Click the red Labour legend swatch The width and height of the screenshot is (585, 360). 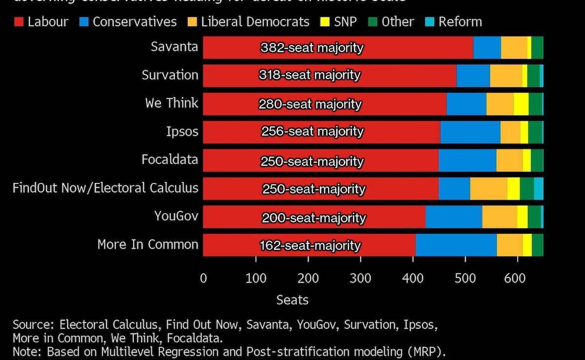19,22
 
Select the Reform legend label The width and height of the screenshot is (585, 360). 460,22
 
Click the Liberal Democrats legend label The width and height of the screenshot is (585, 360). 255,22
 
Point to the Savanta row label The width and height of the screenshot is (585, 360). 175,47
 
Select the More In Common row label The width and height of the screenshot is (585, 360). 148,244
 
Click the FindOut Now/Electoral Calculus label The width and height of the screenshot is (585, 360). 105,188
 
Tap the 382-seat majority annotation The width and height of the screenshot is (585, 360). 312,48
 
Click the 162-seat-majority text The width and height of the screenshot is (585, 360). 310,245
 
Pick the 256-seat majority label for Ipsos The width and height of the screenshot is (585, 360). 312,132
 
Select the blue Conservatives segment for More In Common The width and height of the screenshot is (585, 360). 456,245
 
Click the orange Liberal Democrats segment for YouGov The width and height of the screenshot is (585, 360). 499,217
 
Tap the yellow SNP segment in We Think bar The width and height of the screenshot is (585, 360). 521,104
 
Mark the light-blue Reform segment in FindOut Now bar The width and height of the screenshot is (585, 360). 539,188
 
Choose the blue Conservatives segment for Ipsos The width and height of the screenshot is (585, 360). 470,132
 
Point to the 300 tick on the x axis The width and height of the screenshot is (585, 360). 360,279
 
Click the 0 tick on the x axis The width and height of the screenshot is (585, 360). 203,279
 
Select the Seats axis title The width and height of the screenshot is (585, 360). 292,300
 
